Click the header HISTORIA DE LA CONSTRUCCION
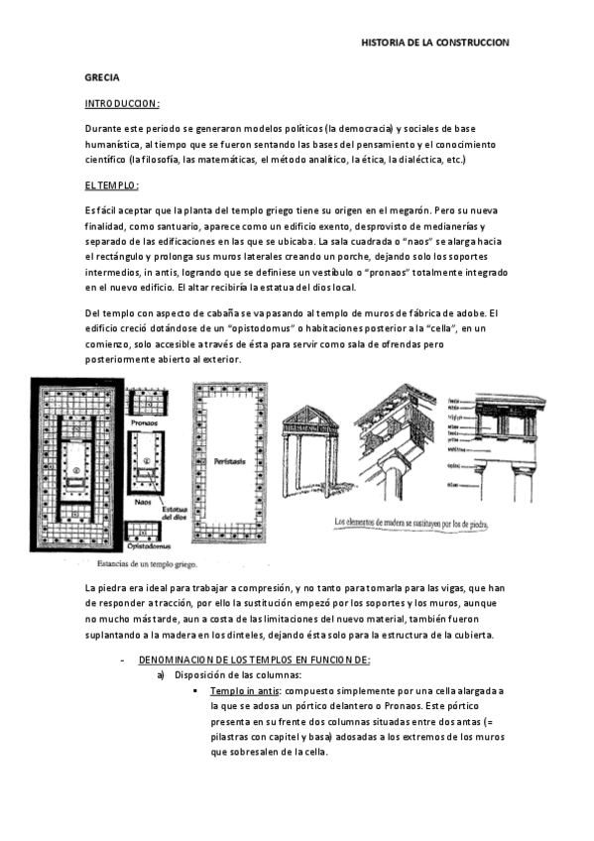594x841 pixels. click(434, 44)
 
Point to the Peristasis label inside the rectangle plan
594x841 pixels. click(229, 461)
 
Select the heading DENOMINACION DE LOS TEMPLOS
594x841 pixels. click(255, 660)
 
